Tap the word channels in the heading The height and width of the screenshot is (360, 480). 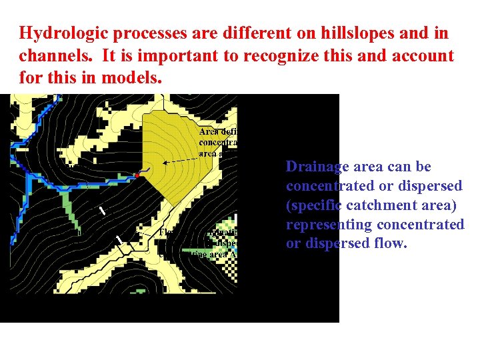coord(48,55)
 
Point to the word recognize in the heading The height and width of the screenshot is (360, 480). coord(277,55)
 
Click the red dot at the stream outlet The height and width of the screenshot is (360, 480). coord(137,175)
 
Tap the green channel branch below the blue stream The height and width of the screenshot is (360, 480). coord(67,201)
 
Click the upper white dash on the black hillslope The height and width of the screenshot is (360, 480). coord(102,211)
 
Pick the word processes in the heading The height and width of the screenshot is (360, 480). coord(134,33)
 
